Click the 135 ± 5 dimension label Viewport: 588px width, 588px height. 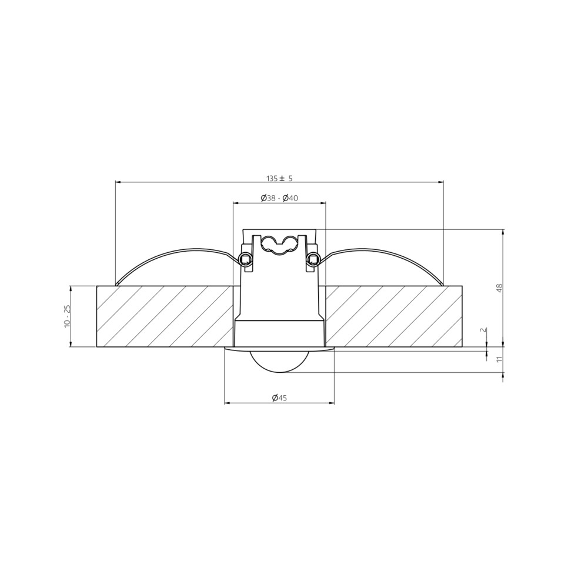click(x=279, y=179)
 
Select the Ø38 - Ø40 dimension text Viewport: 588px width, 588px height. click(x=279, y=198)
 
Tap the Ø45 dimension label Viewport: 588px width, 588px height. click(x=279, y=398)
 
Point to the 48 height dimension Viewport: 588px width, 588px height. click(x=499, y=288)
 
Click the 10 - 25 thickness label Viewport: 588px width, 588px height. click(x=68, y=316)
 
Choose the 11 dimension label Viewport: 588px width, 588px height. click(x=499, y=359)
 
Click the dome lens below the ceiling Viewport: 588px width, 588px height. click(x=279, y=362)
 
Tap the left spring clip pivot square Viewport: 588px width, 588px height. click(x=246, y=258)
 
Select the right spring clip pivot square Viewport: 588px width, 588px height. click(x=313, y=258)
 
